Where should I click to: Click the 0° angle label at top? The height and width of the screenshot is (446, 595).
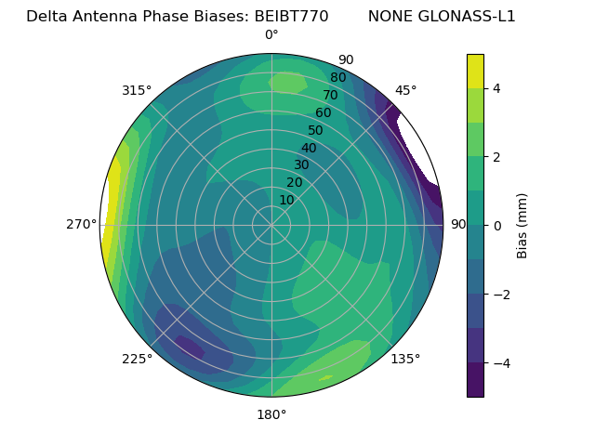point(271,35)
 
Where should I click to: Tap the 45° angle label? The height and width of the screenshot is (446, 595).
point(405,90)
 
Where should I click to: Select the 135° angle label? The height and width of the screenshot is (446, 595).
point(405,359)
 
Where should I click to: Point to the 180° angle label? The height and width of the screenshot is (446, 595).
point(271,414)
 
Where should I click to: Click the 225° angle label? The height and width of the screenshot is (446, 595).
point(137,360)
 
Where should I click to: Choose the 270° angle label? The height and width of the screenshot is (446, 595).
point(82,224)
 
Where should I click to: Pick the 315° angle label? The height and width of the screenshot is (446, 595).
point(137,90)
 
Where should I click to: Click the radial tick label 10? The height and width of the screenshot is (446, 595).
point(286,200)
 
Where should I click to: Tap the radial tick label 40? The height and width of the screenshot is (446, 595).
point(309,148)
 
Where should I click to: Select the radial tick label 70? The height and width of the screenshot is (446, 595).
point(330,95)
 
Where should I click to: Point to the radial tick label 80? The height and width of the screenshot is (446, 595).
point(337,77)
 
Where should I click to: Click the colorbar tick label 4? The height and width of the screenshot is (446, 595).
point(497,88)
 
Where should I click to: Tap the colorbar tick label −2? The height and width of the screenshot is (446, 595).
point(497,295)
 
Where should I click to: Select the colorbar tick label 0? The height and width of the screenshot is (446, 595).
point(497,226)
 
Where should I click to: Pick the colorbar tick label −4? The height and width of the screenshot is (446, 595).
point(497,363)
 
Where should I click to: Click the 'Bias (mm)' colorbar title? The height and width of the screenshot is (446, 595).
point(522,226)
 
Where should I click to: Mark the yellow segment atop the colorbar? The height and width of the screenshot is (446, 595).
point(475,72)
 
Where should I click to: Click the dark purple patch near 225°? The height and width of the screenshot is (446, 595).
point(190,348)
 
